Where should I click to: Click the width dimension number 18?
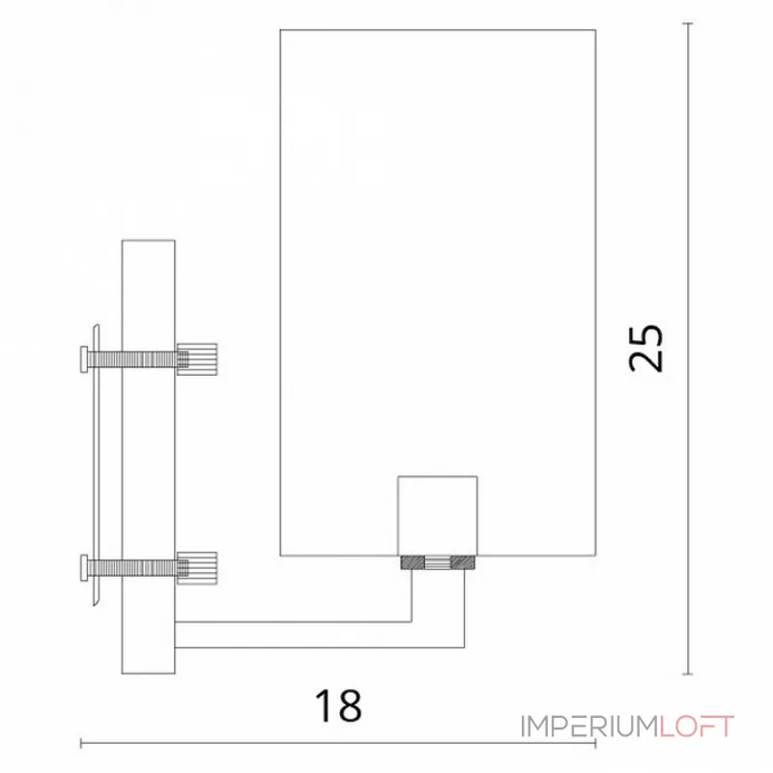[x=338, y=705]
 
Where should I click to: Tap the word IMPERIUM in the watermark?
[x=589, y=727]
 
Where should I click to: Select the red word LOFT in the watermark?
[x=697, y=727]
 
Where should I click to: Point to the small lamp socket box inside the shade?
[x=439, y=515]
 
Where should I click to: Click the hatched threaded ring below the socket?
[x=439, y=561]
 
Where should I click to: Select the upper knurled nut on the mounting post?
[x=197, y=358]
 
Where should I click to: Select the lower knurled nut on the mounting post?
[x=197, y=565]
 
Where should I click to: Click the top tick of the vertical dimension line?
[x=687, y=24]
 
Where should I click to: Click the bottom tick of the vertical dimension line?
[x=687, y=674]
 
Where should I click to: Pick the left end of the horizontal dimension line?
[x=81, y=743]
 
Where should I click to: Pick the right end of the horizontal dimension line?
[x=594, y=743]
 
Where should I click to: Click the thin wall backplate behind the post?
[x=95, y=464]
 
